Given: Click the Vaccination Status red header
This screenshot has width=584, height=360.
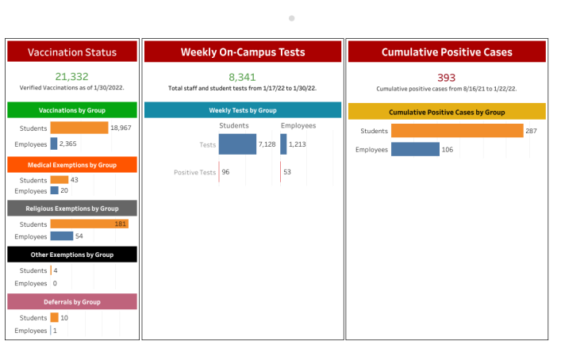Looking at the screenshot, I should [72, 52].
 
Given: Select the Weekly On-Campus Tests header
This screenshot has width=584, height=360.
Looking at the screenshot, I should [243, 52].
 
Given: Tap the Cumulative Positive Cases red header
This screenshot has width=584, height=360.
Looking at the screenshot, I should [447, 52].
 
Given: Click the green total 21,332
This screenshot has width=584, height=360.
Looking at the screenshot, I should [72, 77].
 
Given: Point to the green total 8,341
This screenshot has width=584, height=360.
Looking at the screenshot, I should [243, 77].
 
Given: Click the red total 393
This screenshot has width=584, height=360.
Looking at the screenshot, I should [447, 77].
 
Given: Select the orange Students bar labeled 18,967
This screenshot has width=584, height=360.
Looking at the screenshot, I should [79, 128].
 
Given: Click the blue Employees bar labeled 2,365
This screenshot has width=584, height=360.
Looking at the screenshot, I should [54, 144].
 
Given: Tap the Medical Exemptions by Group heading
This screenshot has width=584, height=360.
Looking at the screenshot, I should [72, 165].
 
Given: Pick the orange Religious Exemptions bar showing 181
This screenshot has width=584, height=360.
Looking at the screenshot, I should [89, 224].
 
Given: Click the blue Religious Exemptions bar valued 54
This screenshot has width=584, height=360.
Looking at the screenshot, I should [61, 236].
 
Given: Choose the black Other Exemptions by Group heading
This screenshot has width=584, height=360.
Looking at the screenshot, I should [72, 255].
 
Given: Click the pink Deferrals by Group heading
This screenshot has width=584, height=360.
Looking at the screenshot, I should [72, 302].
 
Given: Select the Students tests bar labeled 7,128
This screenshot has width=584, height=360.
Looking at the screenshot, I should [237, 144].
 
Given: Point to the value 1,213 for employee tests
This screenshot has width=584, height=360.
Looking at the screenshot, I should [298, 144].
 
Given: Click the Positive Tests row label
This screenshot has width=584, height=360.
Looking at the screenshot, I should [194, 172].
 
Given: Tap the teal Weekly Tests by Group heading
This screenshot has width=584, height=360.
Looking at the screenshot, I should [243, 110].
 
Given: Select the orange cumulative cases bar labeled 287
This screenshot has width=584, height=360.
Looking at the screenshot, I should [456, 131].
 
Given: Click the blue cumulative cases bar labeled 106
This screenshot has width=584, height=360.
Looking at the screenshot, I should [415, 149].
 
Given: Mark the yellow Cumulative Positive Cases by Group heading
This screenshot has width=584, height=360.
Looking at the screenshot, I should [447, 113].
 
